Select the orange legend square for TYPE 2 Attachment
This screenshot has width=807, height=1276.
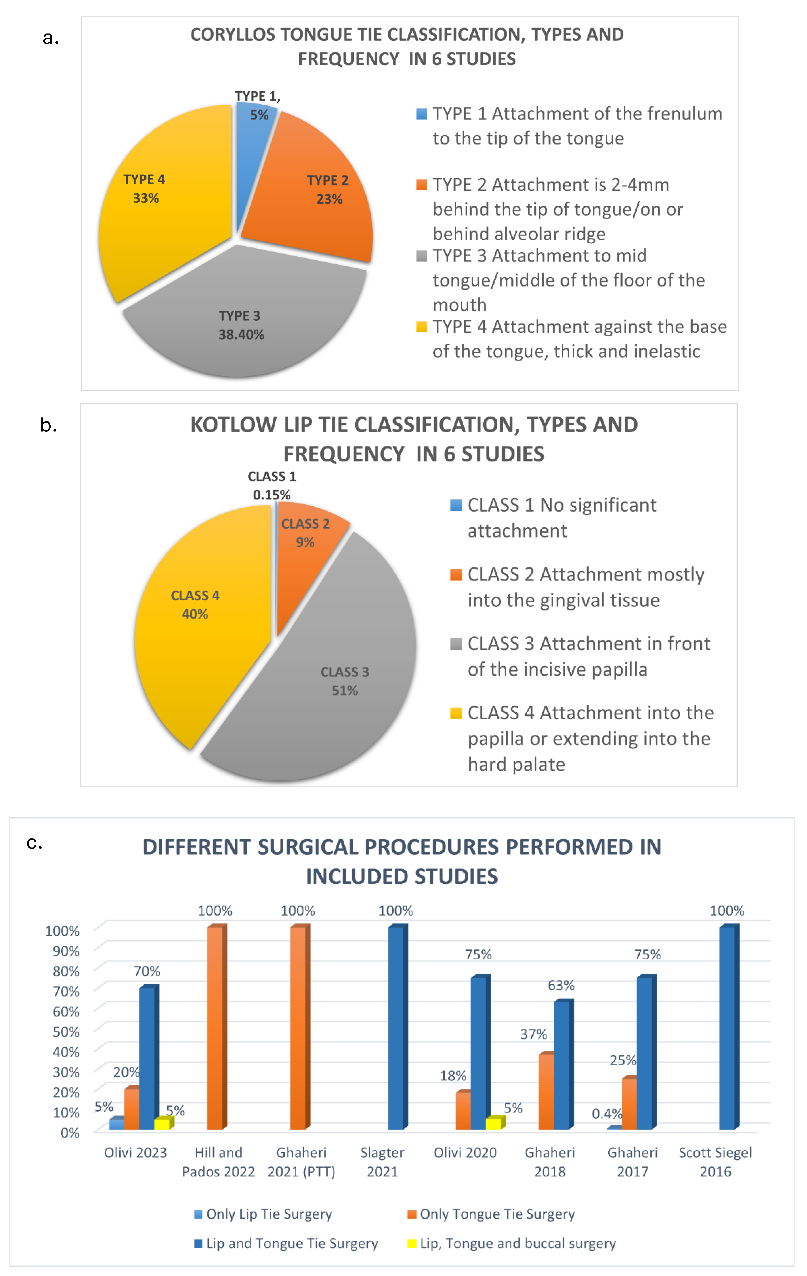421,185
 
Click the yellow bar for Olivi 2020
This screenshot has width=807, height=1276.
493,1123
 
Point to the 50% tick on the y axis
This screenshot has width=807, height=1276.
66,1032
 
